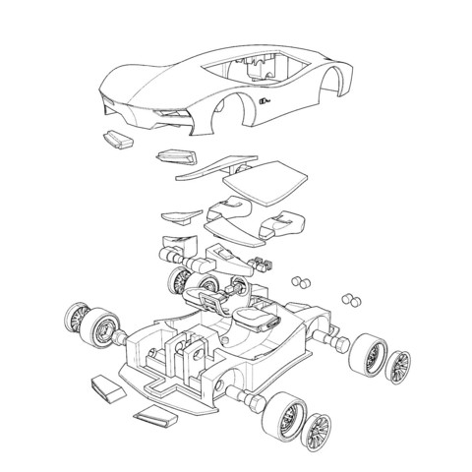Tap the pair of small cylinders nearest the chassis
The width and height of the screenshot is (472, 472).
coord(301,280)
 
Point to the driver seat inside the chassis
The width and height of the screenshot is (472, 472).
coord(255,320)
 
